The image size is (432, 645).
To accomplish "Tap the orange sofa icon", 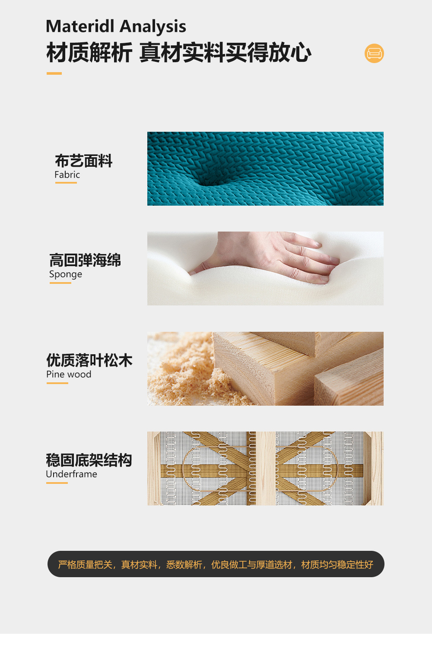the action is (374, 53).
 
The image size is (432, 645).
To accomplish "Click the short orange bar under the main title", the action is (54, 73).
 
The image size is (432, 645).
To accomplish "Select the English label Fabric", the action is (67, 175).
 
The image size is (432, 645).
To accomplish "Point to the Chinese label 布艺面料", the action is (83, 161).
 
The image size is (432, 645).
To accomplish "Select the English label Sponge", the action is (65, 274).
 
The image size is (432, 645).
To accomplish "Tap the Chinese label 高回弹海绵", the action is (85, 260).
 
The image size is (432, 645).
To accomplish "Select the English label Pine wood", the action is (69, 374).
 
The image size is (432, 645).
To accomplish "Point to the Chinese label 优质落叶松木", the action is (89, 360).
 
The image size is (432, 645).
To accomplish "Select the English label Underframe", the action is (71, 474).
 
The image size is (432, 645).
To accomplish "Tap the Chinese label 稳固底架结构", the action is (89, 460).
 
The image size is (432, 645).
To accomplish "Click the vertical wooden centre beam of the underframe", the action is (266, 468).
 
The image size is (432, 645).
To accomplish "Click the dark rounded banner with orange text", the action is (216, 564).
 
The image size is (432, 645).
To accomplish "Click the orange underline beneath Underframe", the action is (57, 483).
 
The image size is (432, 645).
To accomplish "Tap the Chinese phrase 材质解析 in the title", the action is (89, 52).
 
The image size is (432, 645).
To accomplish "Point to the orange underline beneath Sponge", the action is (60, 283).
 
